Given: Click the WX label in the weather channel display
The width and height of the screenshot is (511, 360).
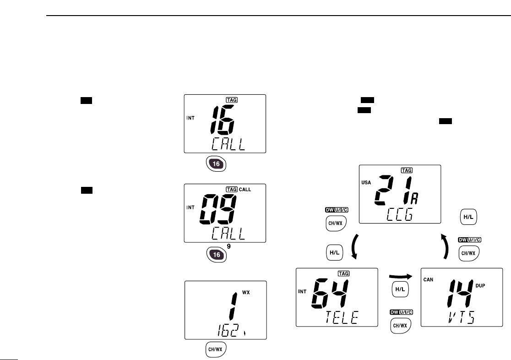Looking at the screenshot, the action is [246, 292].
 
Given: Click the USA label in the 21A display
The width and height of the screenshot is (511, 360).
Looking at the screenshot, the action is [366, 183].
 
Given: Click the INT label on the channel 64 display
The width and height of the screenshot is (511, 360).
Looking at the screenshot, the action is [303, 290].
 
